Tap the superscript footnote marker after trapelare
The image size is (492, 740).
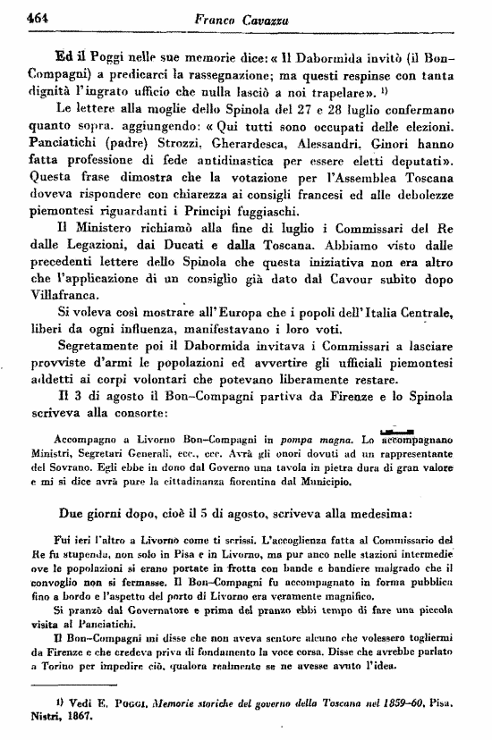[x=383, y=89]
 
